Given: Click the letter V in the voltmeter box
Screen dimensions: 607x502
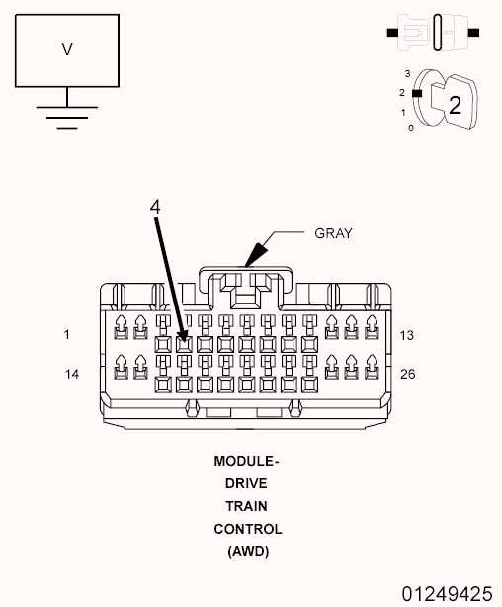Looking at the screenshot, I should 67,49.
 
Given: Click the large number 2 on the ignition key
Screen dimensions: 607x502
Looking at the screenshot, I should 455,105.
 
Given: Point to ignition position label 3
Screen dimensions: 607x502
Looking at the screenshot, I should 407,73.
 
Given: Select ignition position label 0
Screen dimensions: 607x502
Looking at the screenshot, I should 410,129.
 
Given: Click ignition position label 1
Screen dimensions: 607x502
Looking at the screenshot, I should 403,111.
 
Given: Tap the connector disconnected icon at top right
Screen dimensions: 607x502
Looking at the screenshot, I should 434,34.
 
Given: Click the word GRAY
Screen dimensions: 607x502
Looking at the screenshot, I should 333,234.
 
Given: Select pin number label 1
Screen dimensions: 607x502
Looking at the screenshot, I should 67,335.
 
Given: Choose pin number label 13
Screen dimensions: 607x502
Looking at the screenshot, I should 407,335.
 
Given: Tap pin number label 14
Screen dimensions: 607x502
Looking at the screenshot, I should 71,374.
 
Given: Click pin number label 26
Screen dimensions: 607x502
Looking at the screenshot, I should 407,374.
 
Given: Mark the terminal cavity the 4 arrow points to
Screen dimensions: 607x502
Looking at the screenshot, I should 183,344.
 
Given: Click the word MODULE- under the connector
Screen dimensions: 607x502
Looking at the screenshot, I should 247,461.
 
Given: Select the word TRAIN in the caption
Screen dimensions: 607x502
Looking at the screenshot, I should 247,506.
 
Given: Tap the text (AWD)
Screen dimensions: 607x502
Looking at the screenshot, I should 247,551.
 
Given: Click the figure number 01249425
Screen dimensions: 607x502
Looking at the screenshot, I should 446,593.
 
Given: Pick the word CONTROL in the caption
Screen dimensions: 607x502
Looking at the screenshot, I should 247,529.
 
